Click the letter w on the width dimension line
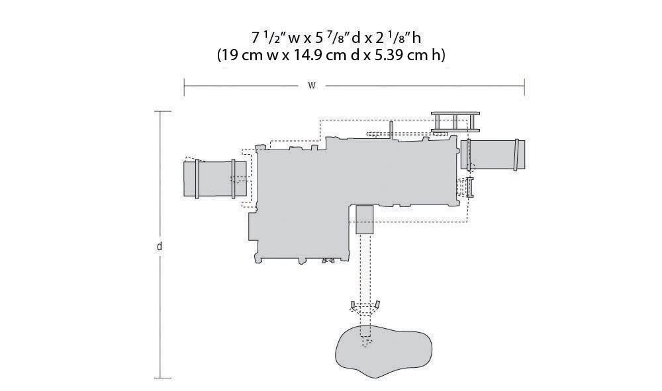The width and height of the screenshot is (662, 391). tap(312, 85)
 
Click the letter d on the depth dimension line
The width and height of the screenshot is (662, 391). tap(159, 246)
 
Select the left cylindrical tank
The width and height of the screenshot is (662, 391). tap(215, 179)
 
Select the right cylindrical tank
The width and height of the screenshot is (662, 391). tap(493, 154)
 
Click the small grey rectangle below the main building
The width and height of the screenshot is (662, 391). tap(364, 220)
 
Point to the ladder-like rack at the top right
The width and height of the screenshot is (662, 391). tap(455, 122)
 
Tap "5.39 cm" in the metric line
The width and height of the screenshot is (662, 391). tap(402, 55)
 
